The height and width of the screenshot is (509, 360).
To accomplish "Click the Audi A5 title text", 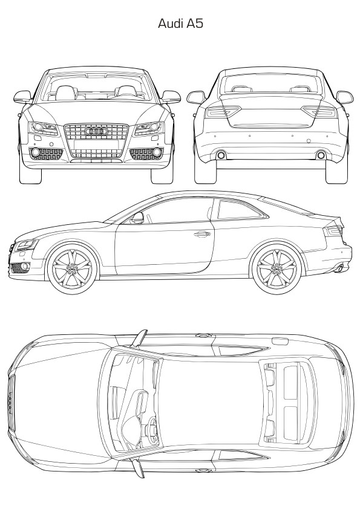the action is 180,24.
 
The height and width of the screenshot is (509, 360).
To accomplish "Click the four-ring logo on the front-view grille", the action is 96,131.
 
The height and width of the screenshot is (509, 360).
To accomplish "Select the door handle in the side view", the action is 201,234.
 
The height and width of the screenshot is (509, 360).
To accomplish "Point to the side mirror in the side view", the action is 137,218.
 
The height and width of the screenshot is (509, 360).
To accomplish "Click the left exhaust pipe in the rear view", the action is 221,155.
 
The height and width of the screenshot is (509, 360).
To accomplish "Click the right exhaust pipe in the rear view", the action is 321,155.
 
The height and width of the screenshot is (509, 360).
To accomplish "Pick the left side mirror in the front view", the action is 23,97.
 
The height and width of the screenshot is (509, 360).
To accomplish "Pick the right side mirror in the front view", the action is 171,97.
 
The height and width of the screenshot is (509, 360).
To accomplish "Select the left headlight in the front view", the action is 43,128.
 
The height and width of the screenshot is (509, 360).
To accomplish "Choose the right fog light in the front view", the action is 157,152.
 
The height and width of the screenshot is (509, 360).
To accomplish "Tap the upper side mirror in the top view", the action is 140,338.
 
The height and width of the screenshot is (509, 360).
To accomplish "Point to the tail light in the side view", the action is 333,230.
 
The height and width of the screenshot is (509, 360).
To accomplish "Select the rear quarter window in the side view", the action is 241,209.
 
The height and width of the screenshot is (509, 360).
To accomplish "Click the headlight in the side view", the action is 27,244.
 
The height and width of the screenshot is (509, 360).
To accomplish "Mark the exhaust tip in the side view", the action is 340,268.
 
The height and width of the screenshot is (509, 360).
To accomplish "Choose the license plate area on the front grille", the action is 96,144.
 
